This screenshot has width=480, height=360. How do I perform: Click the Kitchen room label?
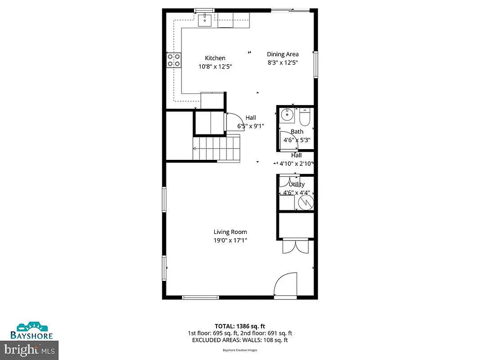(215, 58)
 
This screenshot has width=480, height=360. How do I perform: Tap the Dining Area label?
(283, 54)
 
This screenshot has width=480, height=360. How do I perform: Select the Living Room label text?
(230, 232)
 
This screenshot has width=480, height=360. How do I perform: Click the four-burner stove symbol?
(174, 60)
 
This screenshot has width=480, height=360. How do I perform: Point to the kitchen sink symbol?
(205, 20)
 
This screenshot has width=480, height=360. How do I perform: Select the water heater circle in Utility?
(305, 202)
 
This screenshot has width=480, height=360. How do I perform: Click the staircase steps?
(217, 148)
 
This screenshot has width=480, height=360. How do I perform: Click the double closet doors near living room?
(295, 247)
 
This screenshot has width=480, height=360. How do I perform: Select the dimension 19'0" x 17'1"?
(230, 240)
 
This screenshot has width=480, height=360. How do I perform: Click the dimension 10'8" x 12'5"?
(215, 67)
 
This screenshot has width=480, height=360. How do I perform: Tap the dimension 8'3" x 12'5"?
(283, 62)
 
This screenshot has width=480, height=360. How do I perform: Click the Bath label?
(297, 132)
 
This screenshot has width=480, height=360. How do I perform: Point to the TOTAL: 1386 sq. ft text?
(240, 326)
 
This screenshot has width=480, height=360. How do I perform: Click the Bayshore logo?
(32, 330)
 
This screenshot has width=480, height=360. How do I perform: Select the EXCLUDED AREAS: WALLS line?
(240, 340)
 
